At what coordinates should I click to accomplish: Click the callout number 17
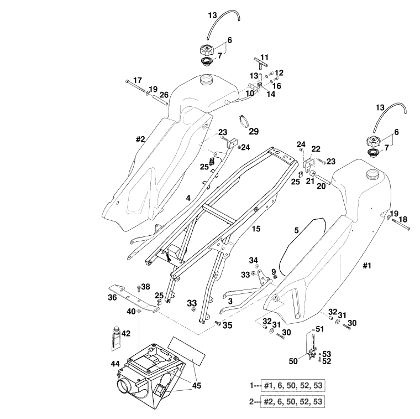coord(137,80)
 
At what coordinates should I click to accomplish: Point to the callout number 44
coord(116,363)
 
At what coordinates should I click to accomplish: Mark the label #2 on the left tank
coord(140,139)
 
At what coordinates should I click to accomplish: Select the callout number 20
coord(321,187)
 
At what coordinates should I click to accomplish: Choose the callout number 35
coord(227,326)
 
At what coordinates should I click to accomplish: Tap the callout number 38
coord(145,287)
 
